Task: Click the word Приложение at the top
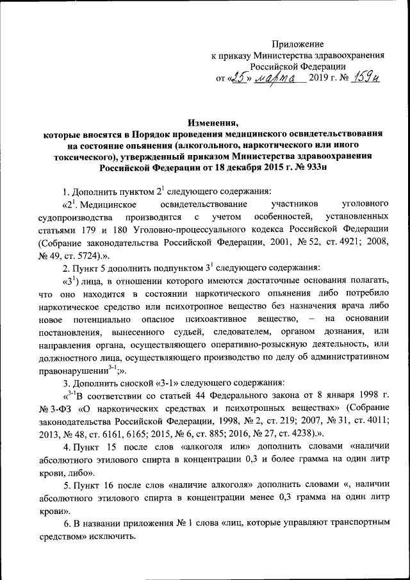(x=299, y=43)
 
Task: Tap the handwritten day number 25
(x=240, y=78)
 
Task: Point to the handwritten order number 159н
(x=368, y=78)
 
